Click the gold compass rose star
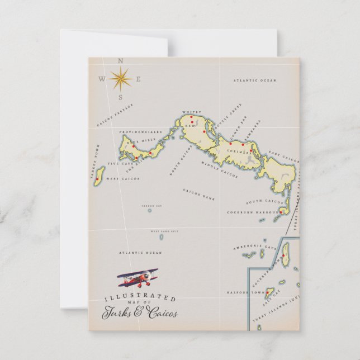coord(120,79)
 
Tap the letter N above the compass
coord(121,60)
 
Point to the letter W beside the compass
coord(102,79)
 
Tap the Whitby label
coord(191,112)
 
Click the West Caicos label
coord(122,179)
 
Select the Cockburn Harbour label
coord(253,212)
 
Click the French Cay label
coord(151,206)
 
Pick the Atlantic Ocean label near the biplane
coord(140,253)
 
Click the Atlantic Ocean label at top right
coord(255,80)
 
